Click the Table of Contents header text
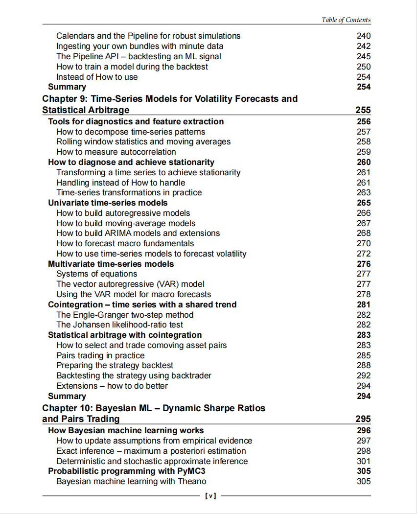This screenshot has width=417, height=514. (x=346, y=20)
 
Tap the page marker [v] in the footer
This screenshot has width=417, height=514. (x=209, y=496)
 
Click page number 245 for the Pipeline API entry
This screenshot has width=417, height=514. (x=364, y=56)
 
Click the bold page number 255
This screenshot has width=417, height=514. (x=363, y=110)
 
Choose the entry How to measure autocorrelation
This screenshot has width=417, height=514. (x=116, y=152)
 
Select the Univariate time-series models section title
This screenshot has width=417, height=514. (x=108, y=203)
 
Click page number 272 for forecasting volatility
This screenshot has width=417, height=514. (x=364, y=254)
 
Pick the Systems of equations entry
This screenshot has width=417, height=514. (x=96, y=274)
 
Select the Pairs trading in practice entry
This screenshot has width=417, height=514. (x=100, y=355)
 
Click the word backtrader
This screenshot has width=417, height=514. (x=192, y=375)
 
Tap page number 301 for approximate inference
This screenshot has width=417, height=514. (x=364, y=461)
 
